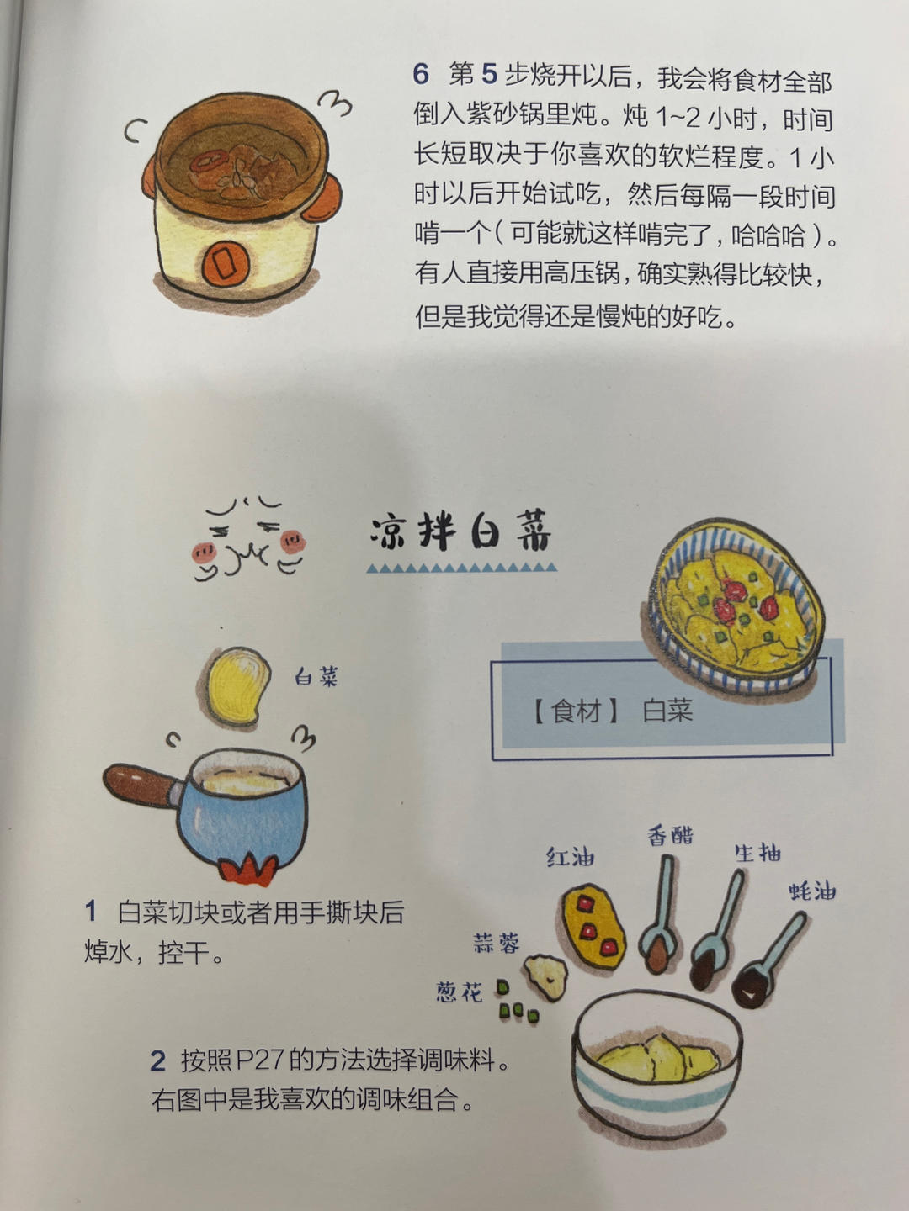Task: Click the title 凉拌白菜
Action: pos(460,531)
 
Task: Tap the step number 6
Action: pos(421,74)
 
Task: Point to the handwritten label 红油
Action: pos(571,857)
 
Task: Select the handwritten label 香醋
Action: pos(670,835)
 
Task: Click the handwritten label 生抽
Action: pos(757,853)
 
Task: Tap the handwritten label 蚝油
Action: pos(812,891)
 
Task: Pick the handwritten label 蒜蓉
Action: pos(497,943)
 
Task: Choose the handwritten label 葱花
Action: pos(460,992)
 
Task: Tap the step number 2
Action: pos(157,1060)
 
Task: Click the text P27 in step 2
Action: pos(259,1060)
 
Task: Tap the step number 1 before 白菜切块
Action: pos(91,912)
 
